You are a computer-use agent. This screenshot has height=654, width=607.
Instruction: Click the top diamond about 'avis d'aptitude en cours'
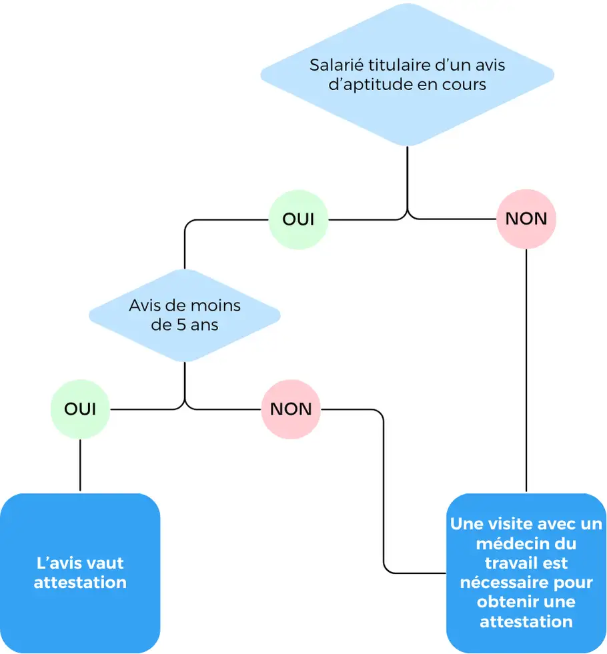tap(407, 75)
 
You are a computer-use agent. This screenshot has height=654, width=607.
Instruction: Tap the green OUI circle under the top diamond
tap(298, 219)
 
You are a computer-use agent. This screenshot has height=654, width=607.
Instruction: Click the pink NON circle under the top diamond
tap(526, 219)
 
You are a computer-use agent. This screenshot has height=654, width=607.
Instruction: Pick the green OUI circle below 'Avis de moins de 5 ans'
tap(80, 409)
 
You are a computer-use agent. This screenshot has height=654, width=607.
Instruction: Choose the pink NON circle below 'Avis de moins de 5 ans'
tap(291, 409)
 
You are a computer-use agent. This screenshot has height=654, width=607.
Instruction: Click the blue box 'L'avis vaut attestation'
tap(80, 573)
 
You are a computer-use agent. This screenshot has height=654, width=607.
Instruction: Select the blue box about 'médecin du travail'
tap(526, 573)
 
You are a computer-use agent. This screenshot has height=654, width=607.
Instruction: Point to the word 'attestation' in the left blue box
tap(80, 583)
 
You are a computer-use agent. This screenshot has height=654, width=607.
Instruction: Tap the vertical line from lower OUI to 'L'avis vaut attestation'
tap(80, 465)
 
